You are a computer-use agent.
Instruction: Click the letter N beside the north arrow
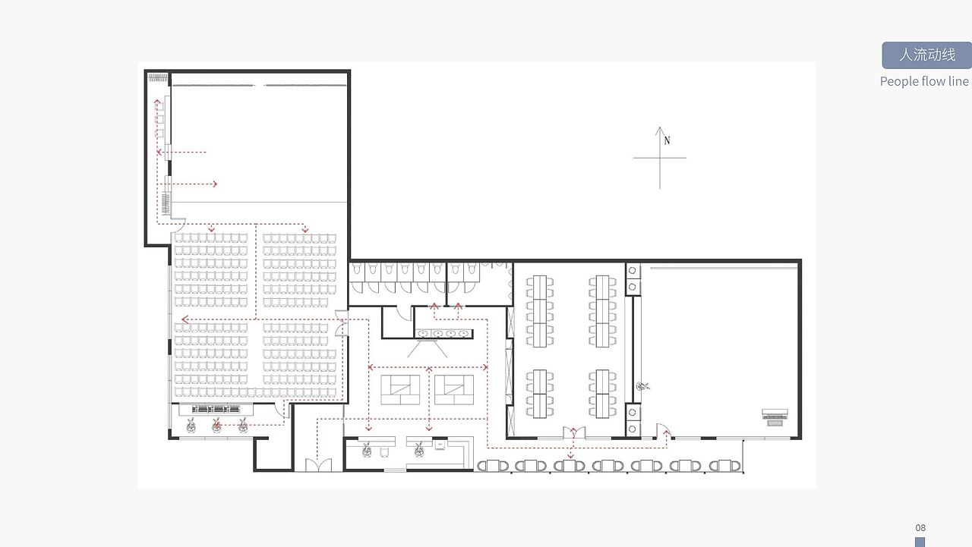point(667,140)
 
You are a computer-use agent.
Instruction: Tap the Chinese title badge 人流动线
point(927,55)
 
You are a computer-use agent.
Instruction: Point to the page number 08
point(920,527)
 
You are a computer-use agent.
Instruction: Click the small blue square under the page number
point(920,542)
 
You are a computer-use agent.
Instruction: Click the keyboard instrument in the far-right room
point(775,416)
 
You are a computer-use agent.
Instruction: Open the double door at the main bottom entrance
point(318,465)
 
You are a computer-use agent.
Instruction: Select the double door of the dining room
point(573,432)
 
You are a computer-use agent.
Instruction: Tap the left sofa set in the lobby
point(400,390)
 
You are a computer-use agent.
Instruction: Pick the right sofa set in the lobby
point(454,390)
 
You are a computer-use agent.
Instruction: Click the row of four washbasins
point(444,333)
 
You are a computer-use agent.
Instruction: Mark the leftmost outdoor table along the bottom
point(493,466)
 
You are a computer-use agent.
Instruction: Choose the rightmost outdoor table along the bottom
point(724,466)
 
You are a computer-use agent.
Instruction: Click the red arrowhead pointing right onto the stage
point(214,184)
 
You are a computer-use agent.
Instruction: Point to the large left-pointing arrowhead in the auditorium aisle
point(185,320)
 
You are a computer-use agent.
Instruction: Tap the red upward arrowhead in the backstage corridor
point(157,102)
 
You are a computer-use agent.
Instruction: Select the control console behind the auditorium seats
point(216,409)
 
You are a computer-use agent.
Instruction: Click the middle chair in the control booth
point(216,426)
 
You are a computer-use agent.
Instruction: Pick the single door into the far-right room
point(663,430)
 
